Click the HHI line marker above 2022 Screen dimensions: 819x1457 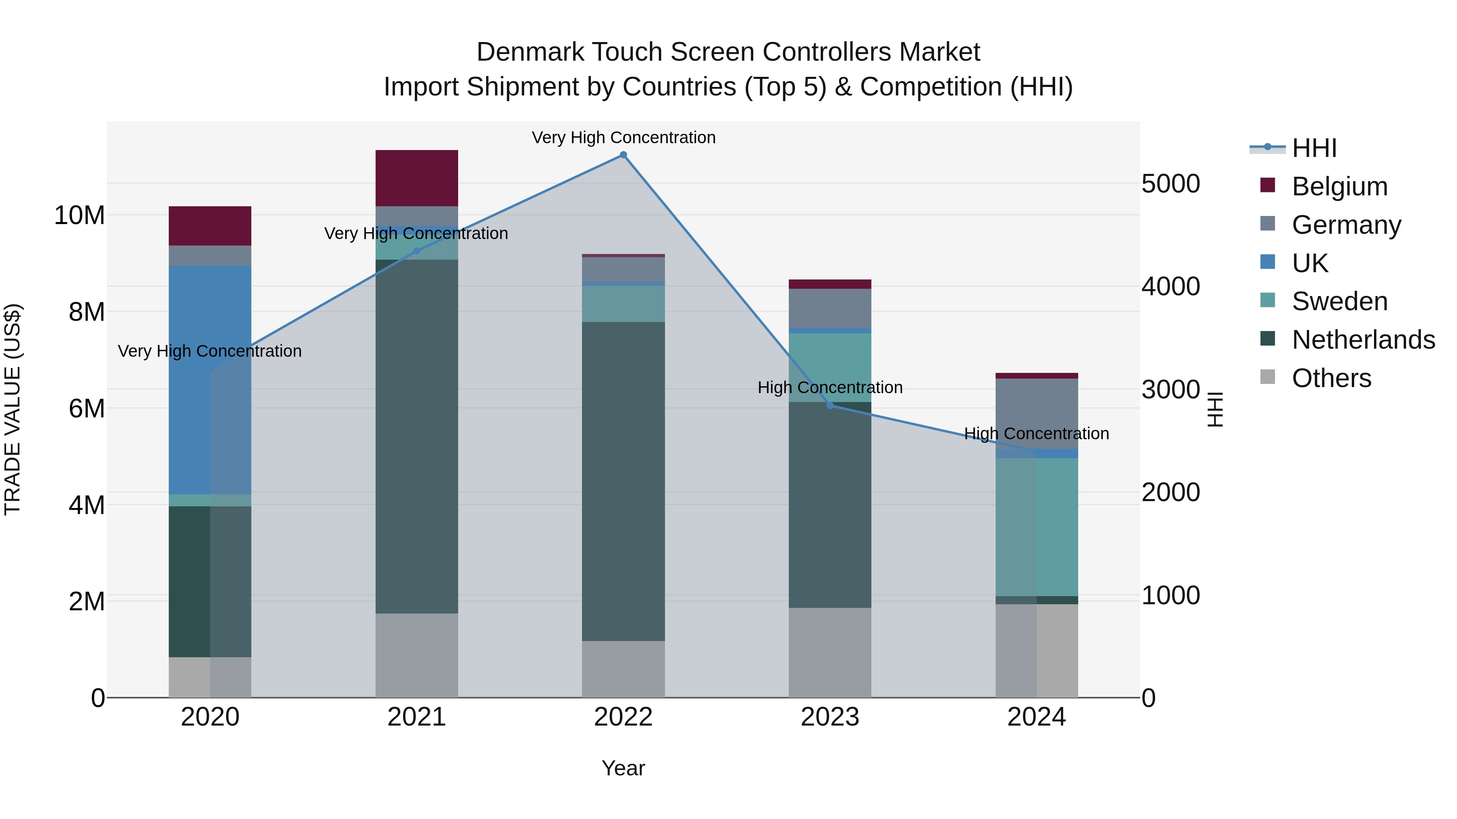pyautogui.click(x=623, y=155)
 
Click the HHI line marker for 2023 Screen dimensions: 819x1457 pyautogui.click(x=830, y=405)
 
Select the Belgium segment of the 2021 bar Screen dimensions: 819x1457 pyautogui.click(x=416, y=178)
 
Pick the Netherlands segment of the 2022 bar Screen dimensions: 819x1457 pyautogui.click(x=623, y=481)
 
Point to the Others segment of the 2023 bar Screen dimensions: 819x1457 pyautogui.click(x=830, y=652)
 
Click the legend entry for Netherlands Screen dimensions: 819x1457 pyautogui.click(x=1363, y=340)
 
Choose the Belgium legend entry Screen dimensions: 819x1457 pyautogui.click(x=1339, y=186)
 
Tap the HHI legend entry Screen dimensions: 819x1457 pyautogui.click(x=1314, y=148)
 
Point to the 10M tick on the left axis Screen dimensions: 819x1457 pyautogui.click(x=79, y=215)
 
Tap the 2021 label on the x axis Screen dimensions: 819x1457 pyautogui.click(x=416, y=717)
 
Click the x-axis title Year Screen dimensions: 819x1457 pyautogui.click(x=623, y=768)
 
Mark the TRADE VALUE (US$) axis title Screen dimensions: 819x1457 pyautogui.click(x=13, y=409)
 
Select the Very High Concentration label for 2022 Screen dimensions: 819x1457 pyautogui.click(x=623, y=138)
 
